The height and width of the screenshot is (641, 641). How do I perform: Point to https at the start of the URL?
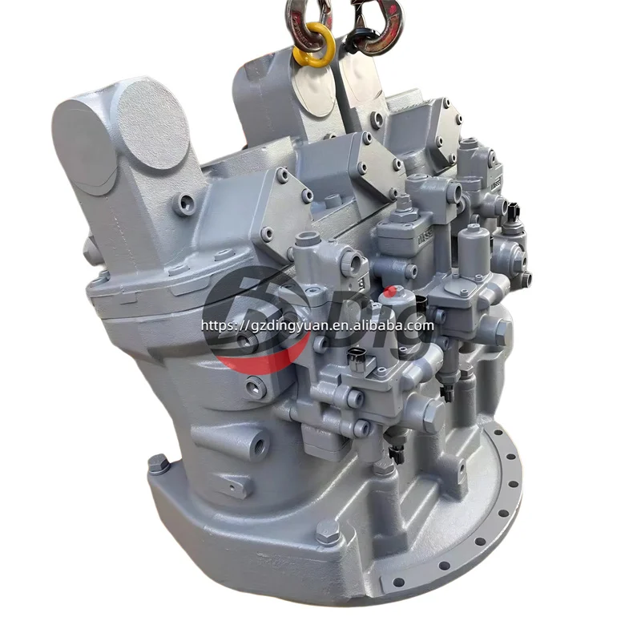pos(216,325)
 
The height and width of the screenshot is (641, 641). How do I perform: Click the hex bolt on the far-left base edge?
pos(157,463)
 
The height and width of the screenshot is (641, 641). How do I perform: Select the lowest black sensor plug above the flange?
pos(393,454)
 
